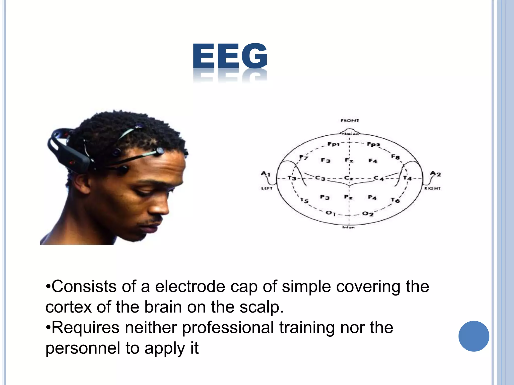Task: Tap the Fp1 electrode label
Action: [x=333, y=144]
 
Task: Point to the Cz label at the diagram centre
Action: [x=349, y=178]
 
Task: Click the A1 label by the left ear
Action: [x=266, y=173]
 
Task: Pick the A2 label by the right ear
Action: [x=435, y=173]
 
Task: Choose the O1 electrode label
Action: [x=330, y=213]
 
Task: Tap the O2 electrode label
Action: [x=368, y=214]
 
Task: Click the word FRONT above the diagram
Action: [x=350, y=121]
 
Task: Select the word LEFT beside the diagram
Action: [x=267, y=188]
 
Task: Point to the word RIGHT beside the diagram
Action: [x=432, y=188]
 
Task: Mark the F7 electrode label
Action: [x=303, y=157]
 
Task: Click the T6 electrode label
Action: [x=395, y=200]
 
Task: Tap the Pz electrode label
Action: [x=348, y=197]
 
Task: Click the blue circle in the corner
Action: [x=474, y=336]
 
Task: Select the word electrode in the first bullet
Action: [x=190, y=286]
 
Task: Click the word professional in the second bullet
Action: [x=228, y=328]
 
